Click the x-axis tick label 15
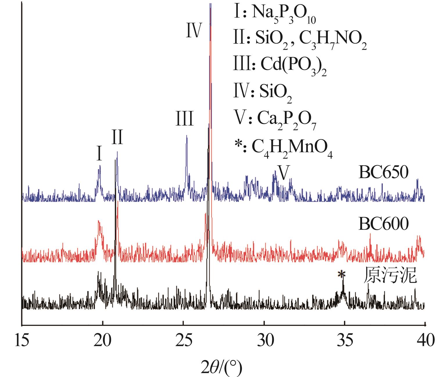coord(22,340)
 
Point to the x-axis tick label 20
coord(103,340)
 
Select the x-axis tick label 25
coord(183,340)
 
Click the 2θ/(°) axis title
coord(222,366)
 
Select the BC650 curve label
coord(384,172)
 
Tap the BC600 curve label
coord(384,223)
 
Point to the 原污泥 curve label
coord(390,276)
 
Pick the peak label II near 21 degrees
coord(117,137)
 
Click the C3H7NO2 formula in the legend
coord(332,41)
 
